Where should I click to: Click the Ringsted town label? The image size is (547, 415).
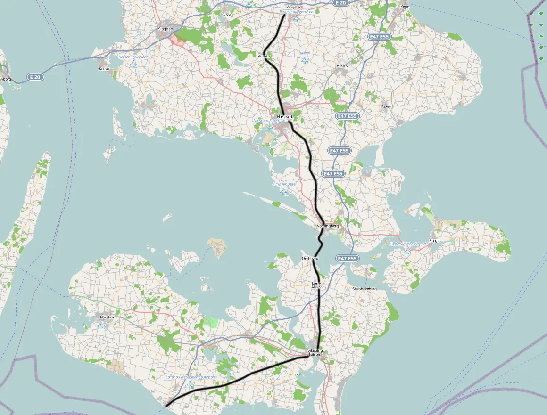[294, 7]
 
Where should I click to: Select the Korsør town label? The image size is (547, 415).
[104, 69]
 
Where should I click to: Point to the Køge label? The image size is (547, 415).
[404, 7]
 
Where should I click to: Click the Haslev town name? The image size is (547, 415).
[342, 66]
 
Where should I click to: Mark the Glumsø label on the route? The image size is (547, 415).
[263, 56]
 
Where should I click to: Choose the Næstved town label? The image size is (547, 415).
[285, 116]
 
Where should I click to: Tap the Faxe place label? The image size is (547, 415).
[385, 107]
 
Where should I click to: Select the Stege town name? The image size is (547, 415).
[434, 241]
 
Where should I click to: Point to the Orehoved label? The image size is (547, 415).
[310, 258]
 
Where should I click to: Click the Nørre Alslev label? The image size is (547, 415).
[316, 285]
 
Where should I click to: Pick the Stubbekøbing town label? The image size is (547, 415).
[365, 289]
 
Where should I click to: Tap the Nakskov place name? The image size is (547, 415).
[107, 317]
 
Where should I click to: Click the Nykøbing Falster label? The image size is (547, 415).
[315, 353]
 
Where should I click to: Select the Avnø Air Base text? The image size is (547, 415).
[283, 184]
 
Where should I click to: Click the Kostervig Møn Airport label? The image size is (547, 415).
[408, 244]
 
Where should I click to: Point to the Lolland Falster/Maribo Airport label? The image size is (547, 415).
[191, 377]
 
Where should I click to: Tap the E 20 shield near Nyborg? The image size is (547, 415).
[34, 77]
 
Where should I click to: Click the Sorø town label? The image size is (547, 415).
[227, 15]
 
